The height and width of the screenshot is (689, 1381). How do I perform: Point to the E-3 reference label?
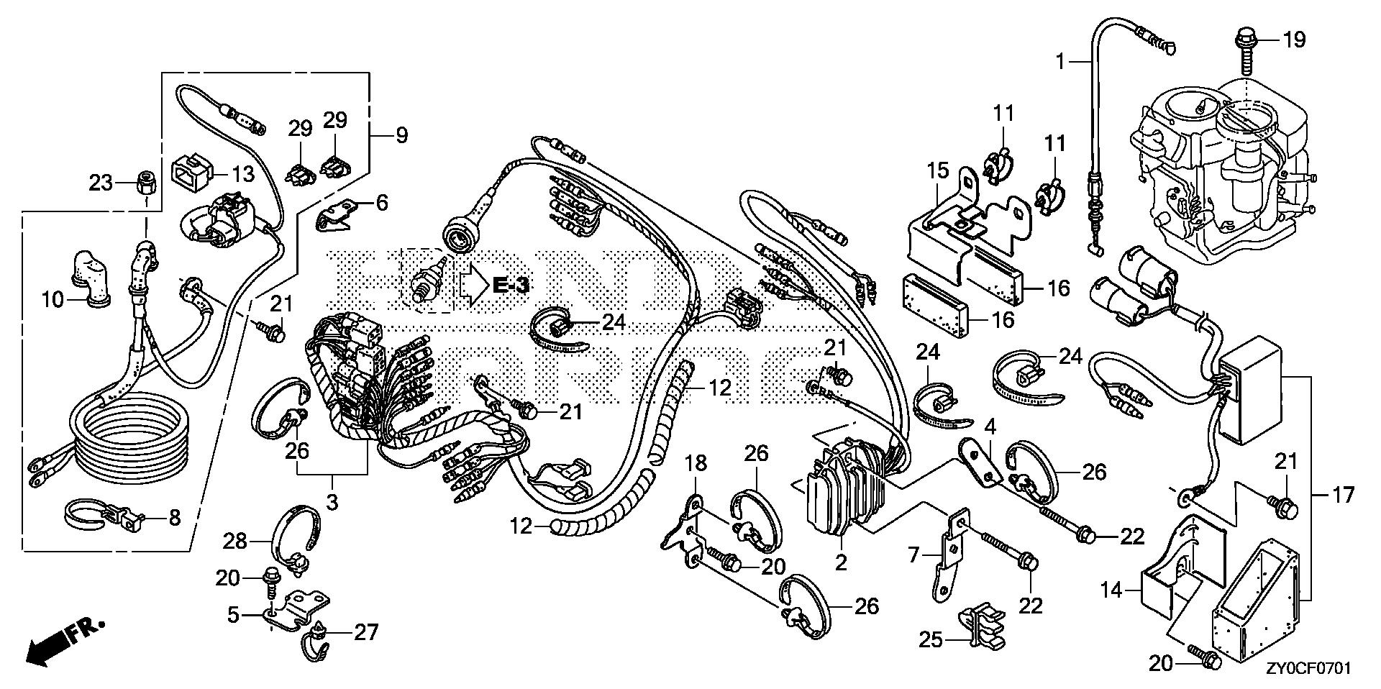pyautogui.click(x=510, y=285)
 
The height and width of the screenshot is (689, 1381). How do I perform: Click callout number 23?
pyautogui.click(x=101, y=183)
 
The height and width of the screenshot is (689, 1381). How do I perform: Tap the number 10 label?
pyautogui.click(x=53, y=299)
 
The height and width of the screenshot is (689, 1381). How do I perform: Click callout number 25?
pyautogui.click(x=931, y=639)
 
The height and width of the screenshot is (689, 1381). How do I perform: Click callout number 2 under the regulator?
pyautogui.click(x=841, y=562)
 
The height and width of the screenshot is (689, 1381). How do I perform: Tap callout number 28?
pyautogui.click(x=236, y=541)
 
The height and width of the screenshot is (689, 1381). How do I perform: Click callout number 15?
pyautogui.click(x=938, y=173)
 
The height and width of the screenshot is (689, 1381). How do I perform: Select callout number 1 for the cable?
pyautogui.click(x=1059, y=62)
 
